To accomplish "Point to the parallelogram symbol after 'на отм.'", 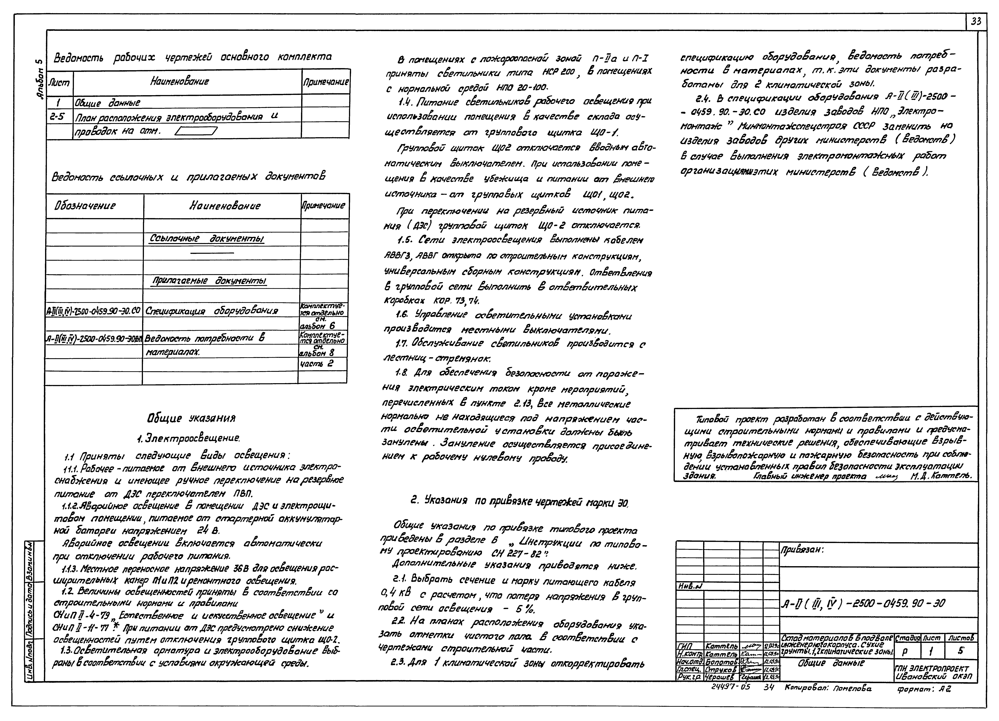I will tap(196, 131).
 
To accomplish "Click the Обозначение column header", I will tap(85, 206).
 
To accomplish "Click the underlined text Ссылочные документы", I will tap(207, 239).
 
